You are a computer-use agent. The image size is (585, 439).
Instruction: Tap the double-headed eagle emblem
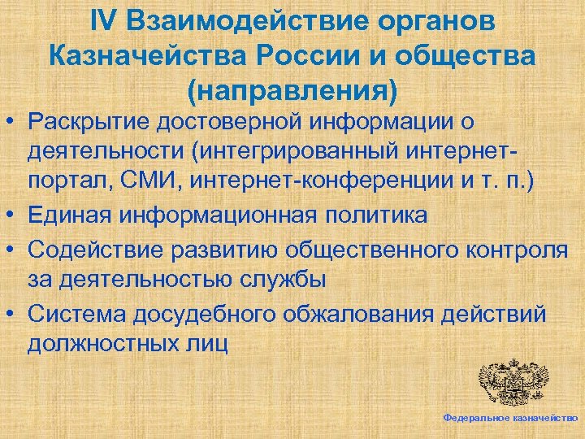pyautogui.click(x=513, y=382)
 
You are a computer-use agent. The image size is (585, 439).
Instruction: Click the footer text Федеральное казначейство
pyautogui.click(x=510, y=417)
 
